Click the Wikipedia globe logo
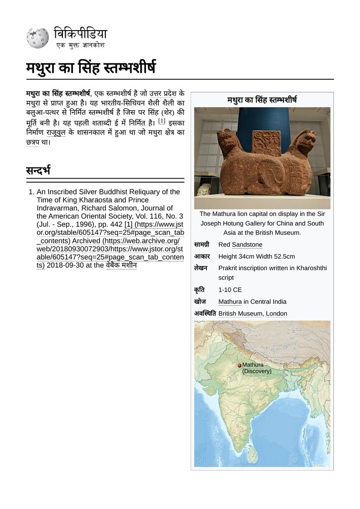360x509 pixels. click(38, 38)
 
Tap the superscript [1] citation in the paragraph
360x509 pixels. click(162, 121)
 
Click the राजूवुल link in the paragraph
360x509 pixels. click(56, 133)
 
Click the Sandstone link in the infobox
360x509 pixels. click(247, 245)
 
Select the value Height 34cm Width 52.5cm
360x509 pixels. click(256, 257)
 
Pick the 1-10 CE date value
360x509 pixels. click(230, 290)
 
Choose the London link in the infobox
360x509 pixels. click(276, 313)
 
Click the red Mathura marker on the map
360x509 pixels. click(239, 365)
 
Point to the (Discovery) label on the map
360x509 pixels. click(257, 371)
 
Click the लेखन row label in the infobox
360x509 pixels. click(201, 268)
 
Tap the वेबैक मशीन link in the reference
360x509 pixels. click(121, 265)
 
